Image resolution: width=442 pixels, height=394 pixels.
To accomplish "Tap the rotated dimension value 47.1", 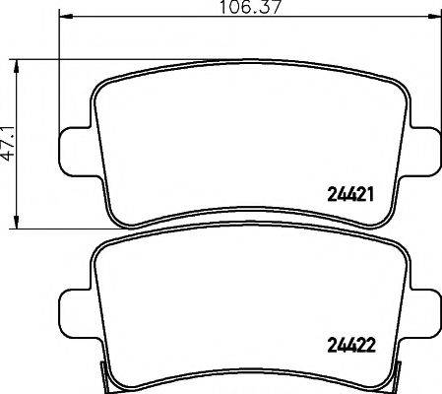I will pos(10,142).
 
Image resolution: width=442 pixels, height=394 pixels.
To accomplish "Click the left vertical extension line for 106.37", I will pos(61,79).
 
